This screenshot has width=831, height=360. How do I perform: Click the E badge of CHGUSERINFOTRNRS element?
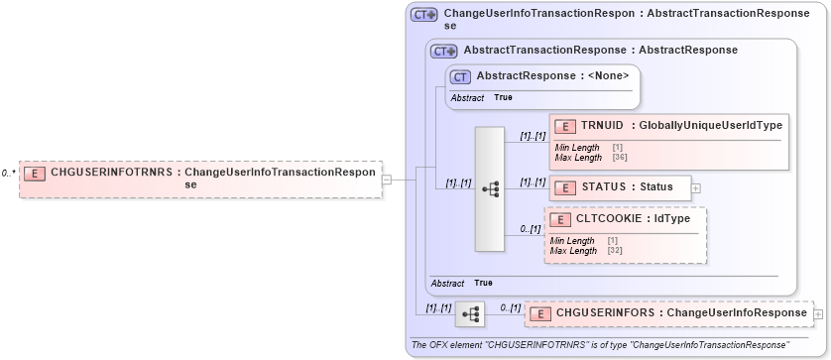(x=34, y=173)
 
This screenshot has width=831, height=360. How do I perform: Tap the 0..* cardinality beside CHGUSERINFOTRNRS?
(x=8, y=173)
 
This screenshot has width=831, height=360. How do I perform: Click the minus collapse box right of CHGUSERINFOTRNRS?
(x=387, y=180)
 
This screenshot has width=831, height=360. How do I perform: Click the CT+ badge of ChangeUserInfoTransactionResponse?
(x=423, y=15)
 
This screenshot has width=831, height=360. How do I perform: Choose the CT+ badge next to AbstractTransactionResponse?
(x=443, y=50)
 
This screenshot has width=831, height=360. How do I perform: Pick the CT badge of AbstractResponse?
(x=460, y=76)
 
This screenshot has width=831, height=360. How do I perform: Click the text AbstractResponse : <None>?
(x=552, y=75)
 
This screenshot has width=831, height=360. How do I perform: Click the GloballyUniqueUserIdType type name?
(x=710, y=125)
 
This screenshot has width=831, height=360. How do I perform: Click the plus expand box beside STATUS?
(x=695, y=186)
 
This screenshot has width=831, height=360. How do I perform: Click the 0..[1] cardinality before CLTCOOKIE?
(x=531, y=229)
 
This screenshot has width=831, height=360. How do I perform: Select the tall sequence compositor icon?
(x=491, y=188)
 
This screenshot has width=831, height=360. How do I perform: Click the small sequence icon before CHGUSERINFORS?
(x=470, y=314)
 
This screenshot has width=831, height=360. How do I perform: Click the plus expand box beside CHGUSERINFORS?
(x=818, y=314)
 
